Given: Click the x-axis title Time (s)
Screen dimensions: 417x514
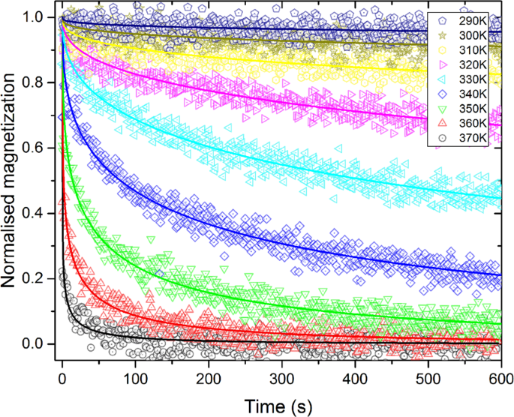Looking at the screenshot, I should (x=282, y=404).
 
